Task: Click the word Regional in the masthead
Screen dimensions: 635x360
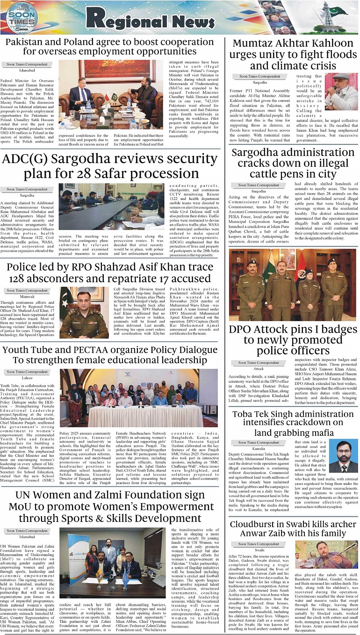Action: (x=124, y=18)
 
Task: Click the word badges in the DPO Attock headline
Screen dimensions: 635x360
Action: (x=335, y=329)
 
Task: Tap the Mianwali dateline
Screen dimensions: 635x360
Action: (x=27, y=296)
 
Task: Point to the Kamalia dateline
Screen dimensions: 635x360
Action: (x=259, y=448)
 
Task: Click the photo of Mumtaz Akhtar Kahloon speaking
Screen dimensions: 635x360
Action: (x=341, y=92)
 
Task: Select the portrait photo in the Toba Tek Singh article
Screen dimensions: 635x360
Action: (x=343, y=457)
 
